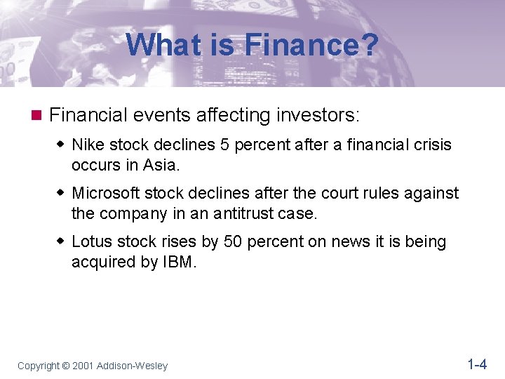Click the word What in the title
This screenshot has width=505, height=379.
coord(159,46)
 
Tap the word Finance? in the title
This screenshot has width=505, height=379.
coord(311,46)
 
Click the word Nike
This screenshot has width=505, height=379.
coord(88,145)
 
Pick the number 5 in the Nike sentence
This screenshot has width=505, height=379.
coord(206,145)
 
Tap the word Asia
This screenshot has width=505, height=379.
coord(161,165)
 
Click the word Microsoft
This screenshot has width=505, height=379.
coord(106,193)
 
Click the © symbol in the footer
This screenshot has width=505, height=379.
coord(67,366)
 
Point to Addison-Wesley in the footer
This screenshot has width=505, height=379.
coord(133,366)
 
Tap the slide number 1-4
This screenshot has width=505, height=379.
coord(476,364)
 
